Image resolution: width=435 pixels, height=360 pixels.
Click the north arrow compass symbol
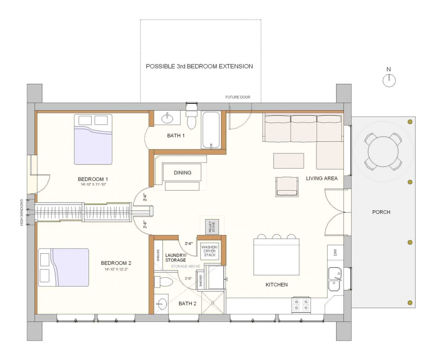pos(389,80)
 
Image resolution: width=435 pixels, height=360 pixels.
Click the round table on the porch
pos(382,151)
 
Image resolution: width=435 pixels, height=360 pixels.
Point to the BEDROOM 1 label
pos(93,179)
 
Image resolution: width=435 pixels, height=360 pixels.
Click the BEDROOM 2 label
pos(116,263)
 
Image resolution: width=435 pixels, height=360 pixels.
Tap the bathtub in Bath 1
pos(211,130)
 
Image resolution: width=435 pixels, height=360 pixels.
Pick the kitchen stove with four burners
pos(301,305)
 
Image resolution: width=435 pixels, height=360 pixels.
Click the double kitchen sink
pos(334,280)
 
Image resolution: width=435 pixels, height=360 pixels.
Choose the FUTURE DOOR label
pos(238,97)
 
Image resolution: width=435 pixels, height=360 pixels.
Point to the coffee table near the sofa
pos(289,160)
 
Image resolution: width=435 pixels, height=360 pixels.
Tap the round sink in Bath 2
pos(161,305)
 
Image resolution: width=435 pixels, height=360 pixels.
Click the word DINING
pos(182,173)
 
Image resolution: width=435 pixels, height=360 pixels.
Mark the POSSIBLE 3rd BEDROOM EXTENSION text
pos(199,67)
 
